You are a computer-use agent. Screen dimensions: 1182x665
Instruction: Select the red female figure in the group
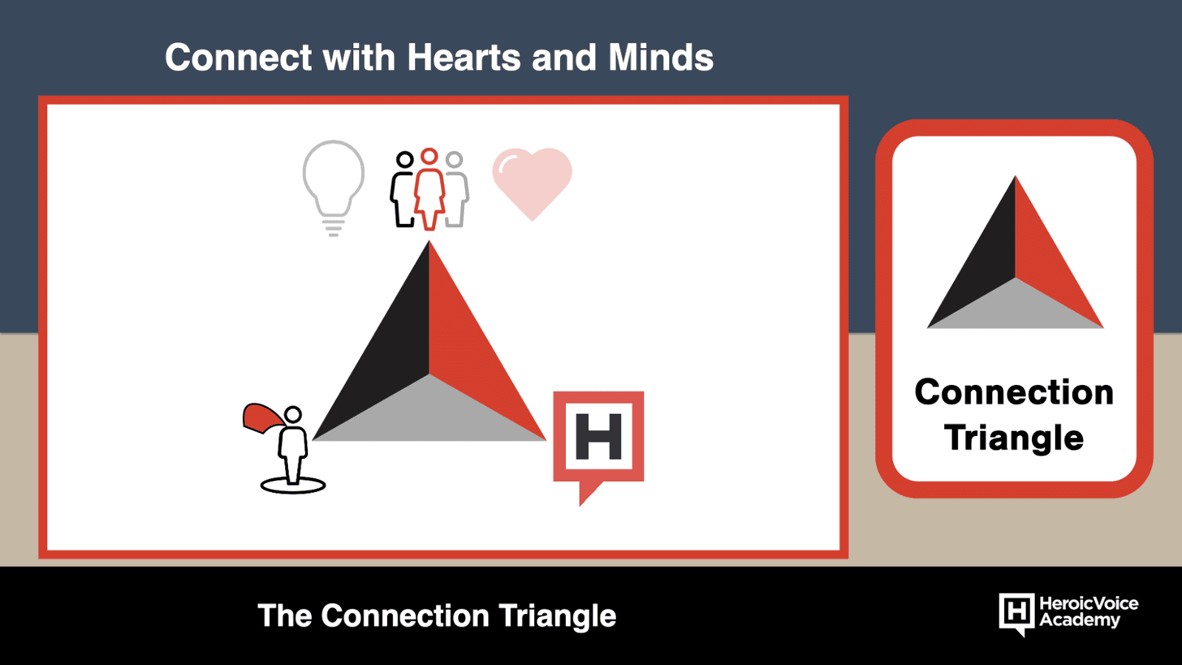coord(429,189)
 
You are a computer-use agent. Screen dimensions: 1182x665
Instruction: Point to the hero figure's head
coord(293,415)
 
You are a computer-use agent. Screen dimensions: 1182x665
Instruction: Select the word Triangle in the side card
coord(1014,438)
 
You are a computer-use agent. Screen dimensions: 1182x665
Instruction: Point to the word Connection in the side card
coord(1014,392)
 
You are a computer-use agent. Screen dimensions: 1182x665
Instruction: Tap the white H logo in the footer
coord(1017,614)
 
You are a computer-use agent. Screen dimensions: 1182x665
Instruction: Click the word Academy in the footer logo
coord(1079,620)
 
